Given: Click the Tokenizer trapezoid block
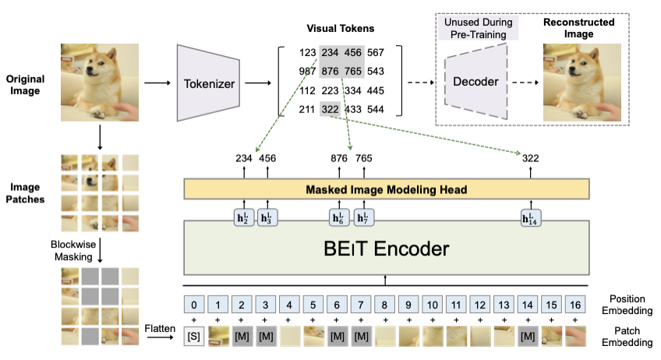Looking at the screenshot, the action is (209, 83).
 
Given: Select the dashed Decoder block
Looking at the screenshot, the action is (476, 81).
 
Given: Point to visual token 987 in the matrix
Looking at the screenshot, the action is (307, 71).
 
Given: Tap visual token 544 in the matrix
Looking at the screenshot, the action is (375, 110).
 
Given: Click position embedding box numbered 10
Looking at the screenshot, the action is (432, 305).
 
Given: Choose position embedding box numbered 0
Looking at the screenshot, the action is (194, 305).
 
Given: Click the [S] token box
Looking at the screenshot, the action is (194, 337).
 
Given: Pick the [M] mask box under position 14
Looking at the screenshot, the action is (528, 337).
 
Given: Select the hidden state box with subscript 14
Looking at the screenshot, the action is (530, 217).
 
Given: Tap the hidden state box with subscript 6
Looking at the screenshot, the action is (338, 217).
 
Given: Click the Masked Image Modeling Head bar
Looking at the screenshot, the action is (386, 189).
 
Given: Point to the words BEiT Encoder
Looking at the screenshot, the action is (386, 249).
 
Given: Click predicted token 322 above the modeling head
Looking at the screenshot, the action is (530, 158).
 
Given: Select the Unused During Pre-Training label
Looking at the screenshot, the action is (479, 28).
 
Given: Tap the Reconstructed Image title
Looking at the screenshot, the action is (579, 28).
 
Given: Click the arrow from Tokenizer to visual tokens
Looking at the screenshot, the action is (258, 83).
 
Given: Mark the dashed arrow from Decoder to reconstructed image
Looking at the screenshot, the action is (525, 82).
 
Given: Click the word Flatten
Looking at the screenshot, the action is (160, 328).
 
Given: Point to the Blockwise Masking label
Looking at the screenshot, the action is (73, 250).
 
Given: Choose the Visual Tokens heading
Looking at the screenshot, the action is (340, 28).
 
